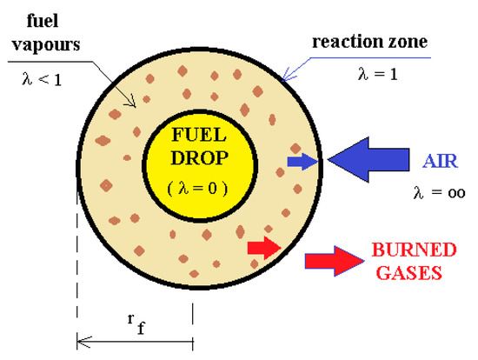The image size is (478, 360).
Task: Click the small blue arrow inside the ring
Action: point(302,162)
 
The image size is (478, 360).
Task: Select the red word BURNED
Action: point(414,250)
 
